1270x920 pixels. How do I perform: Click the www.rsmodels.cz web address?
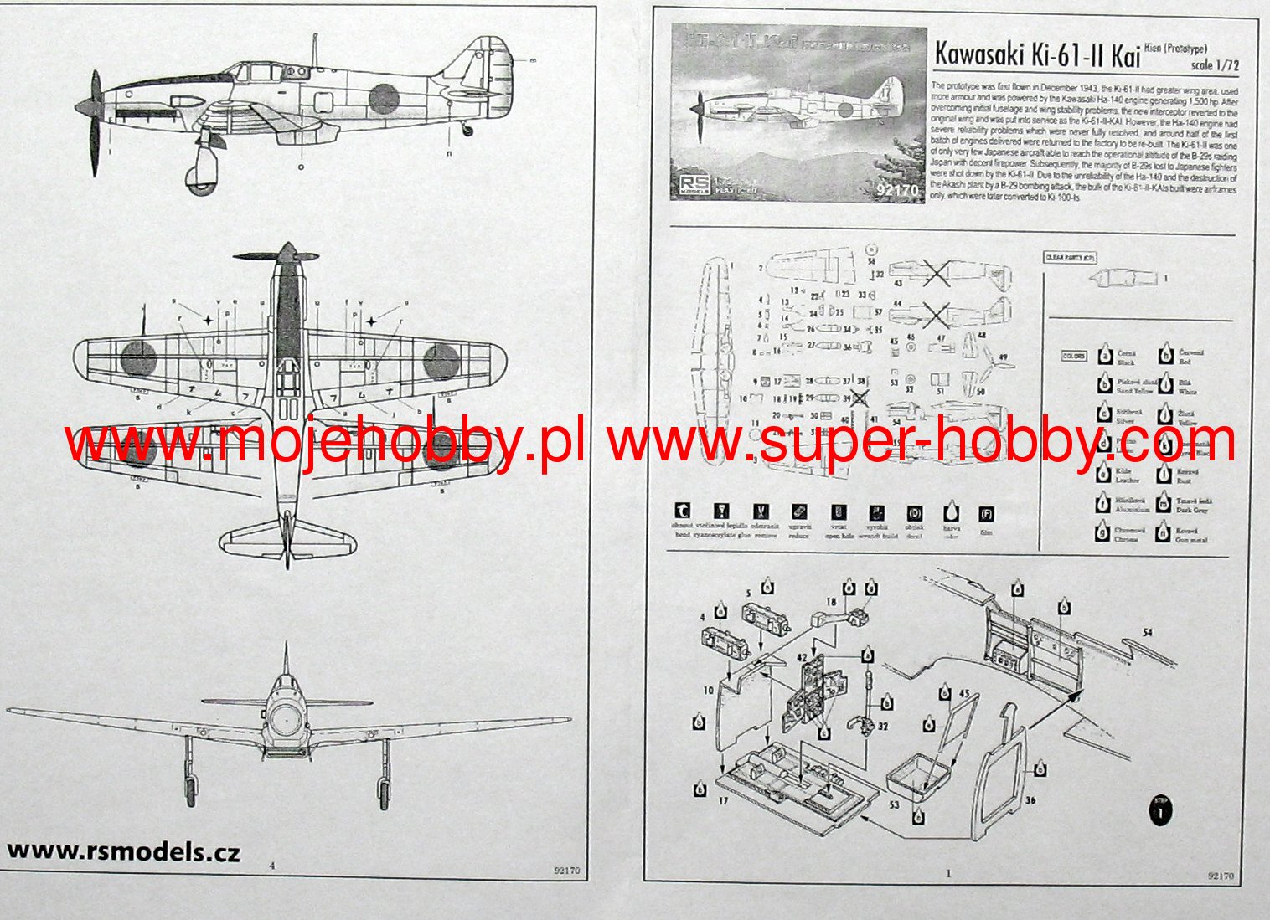123,851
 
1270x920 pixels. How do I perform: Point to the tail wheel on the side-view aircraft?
468,130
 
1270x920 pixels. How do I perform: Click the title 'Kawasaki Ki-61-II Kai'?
1036,55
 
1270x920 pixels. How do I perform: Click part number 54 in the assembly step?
1147,633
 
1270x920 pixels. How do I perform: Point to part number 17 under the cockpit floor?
723,800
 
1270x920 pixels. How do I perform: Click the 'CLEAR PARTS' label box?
1070,258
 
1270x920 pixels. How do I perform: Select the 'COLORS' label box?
1073,356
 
